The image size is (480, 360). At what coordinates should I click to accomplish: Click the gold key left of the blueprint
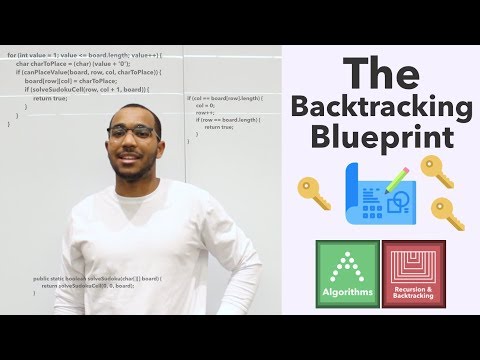315,196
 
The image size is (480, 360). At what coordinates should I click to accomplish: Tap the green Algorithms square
346,271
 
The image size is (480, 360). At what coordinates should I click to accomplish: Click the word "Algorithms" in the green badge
346,293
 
